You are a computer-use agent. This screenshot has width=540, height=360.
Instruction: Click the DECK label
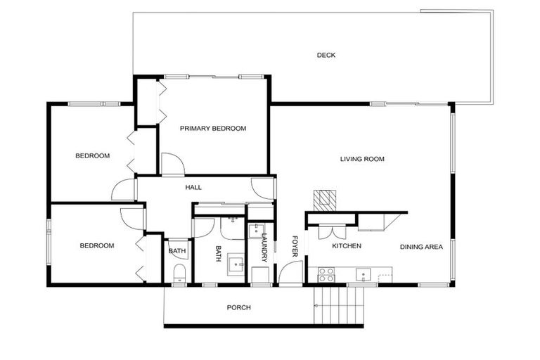tap(326, 55)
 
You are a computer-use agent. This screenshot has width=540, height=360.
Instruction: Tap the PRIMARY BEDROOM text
tap(213, 128)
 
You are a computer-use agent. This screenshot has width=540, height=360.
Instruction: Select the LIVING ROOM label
tap(362, 159)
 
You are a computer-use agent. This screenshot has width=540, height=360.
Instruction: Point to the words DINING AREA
tap(421, 247)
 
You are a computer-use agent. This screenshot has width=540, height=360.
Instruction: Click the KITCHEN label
tap(347, 246)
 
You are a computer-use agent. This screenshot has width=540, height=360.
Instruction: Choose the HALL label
tap(193, 188)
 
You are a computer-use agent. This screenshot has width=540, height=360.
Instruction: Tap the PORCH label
tap(238, 307)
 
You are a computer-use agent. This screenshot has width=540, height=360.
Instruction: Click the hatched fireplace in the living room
tap(326, 198)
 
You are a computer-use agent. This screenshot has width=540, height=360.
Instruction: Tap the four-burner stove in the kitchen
tap(326, 274)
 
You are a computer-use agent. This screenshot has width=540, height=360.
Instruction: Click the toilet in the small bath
tap(177, 273)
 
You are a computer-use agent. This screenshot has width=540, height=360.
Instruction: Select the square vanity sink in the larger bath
tap(233, 264)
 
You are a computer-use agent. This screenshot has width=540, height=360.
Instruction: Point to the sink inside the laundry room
tap(257, 229)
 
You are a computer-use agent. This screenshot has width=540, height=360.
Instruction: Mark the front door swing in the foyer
tap(290, 271)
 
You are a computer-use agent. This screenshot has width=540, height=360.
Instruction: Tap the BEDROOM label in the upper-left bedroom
tap(93, 155)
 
